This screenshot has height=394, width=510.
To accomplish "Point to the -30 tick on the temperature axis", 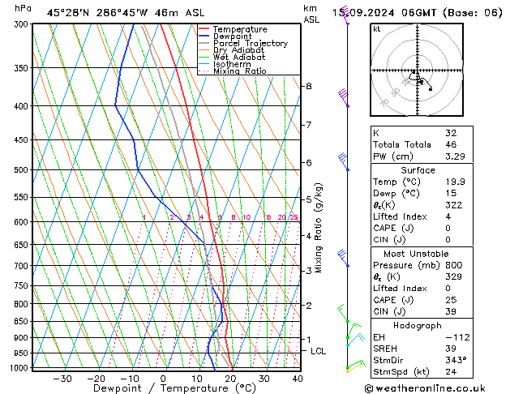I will [62, 379].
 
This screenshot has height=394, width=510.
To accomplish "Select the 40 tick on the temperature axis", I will [298, 379].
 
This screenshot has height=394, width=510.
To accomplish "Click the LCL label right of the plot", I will [319, 351].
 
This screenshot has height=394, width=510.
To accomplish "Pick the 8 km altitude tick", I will [308, 86].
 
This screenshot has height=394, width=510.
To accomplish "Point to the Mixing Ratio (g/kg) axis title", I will [319, 228].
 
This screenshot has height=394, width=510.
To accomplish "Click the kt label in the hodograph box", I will [377, 28].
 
